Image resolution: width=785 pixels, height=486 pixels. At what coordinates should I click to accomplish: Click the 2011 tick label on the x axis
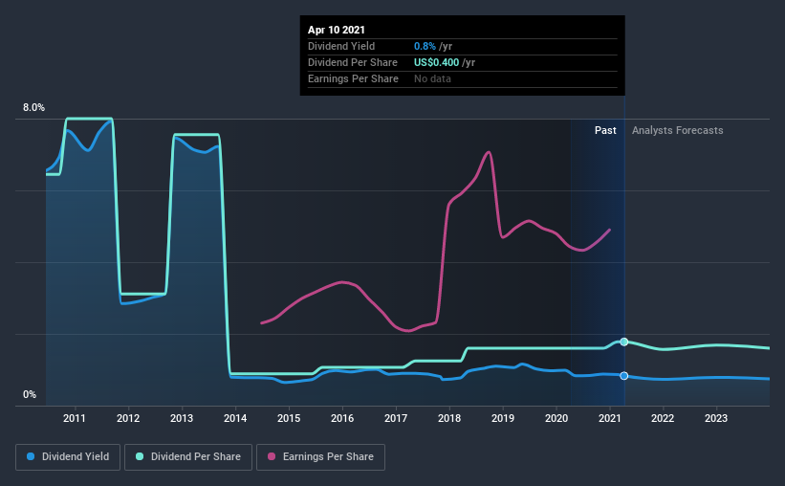click(x=75, y=418)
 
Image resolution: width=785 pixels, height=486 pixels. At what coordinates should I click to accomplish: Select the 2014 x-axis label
click(x=235, y=418)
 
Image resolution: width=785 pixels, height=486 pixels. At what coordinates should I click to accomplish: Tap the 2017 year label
click(x=396, y=418)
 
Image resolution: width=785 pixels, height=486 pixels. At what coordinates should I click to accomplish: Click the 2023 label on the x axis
click(x=716, y=418)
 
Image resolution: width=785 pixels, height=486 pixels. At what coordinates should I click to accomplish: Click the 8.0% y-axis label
click(x=33, y=108)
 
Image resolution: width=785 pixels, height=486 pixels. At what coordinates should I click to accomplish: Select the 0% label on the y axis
click(x=30, y=394)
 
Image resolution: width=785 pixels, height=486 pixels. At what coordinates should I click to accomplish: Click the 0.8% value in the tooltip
click(x=424, y=46)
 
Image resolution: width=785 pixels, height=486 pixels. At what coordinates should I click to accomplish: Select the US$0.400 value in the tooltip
click(x=435, y=62)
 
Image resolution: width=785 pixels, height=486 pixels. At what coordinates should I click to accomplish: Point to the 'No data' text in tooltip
click(x=432, y=78)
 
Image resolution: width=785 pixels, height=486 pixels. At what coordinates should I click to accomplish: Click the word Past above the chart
click(x=605, y=130)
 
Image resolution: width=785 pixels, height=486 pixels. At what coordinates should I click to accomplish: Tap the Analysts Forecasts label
click(x=678, y=130)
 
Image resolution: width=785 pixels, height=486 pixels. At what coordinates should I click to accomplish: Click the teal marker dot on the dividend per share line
click(x=624, y=342)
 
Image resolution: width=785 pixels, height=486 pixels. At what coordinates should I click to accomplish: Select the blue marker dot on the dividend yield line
click(x=624, y=376)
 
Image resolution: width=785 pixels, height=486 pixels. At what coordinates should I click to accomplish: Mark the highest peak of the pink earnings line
click(x=489, y=152)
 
